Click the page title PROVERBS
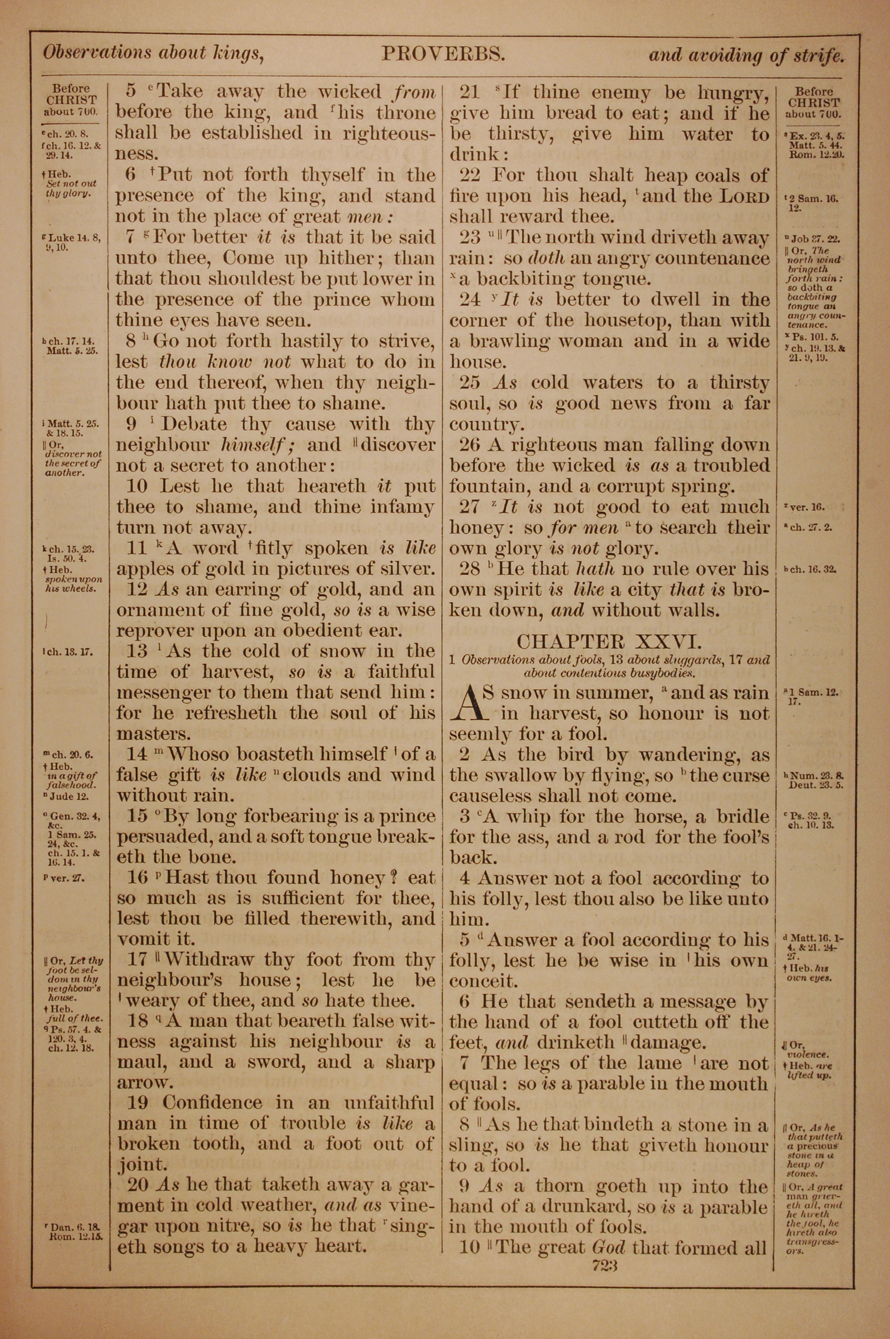pos(443,54)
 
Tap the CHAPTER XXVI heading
pos(609,641)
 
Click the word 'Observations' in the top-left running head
pos(97,53)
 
